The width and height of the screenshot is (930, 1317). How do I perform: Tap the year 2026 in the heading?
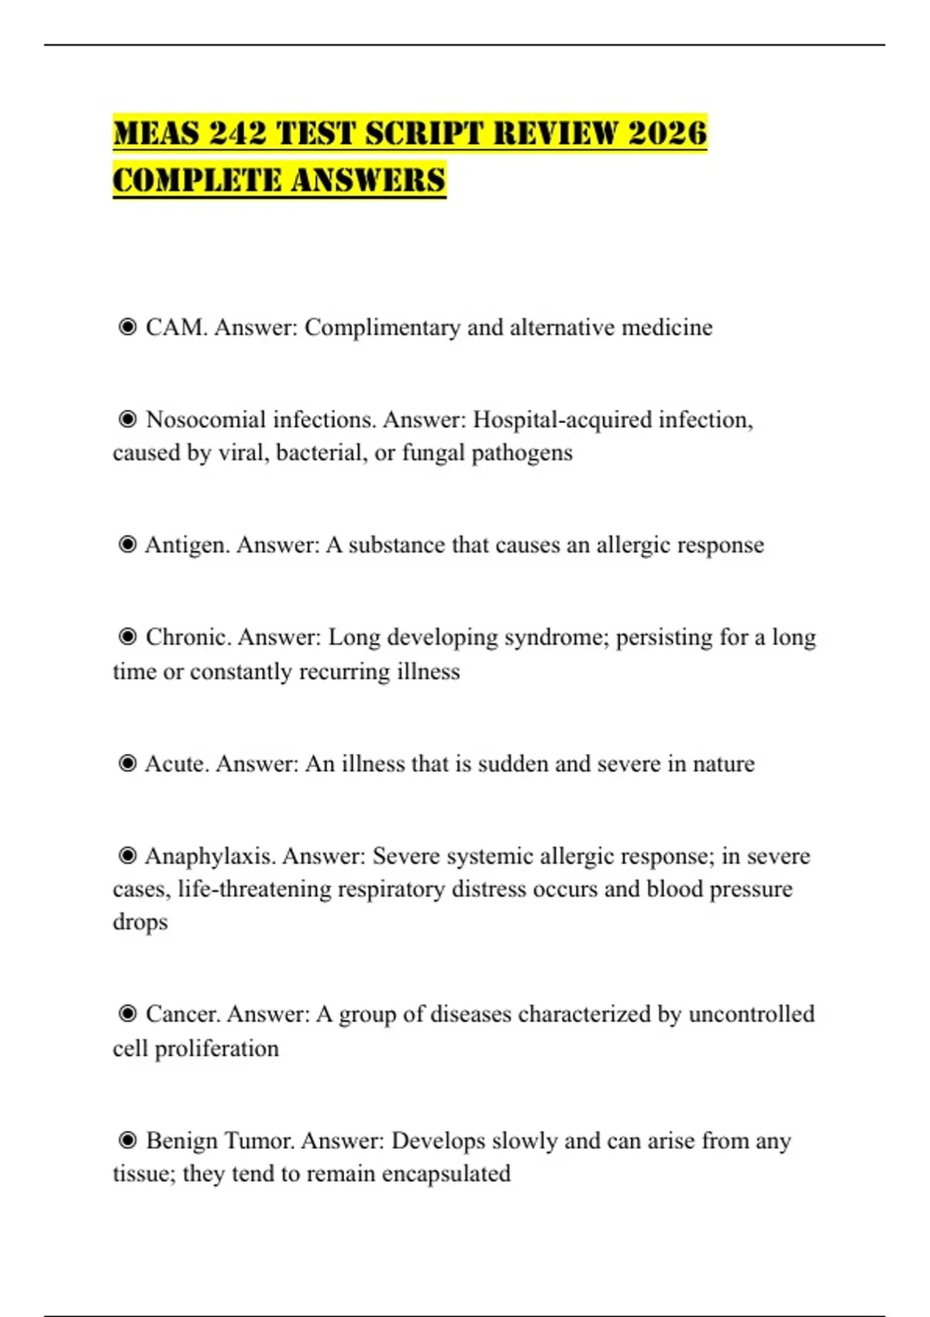(x=667, y=132)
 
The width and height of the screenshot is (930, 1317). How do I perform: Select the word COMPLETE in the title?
(x=197, y=180)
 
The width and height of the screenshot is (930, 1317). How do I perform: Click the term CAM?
(x=176, y=327)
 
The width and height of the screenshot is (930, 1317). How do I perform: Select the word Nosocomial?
(x=205, y=419)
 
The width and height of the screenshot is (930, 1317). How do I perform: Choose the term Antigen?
(x=187, y=545)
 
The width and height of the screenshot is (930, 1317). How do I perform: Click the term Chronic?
(x=188, y=637)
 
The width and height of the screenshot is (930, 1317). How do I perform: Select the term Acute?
(x=177, y=764)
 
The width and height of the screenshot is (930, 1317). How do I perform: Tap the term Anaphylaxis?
(x=210, y=856)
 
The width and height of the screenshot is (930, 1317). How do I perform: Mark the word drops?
(x=140, y=922)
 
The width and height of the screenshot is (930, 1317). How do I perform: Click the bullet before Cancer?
(x=127, y=1013)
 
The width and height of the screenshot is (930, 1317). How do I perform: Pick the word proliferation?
(x=216, y=1048)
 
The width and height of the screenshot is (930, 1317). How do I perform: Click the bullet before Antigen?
(x=127, y=545)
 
